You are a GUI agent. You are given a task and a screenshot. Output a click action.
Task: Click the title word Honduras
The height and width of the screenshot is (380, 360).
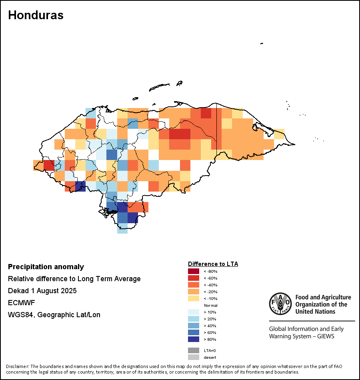(36, 15)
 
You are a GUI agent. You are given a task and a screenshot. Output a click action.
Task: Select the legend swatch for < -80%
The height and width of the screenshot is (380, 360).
(193, 271)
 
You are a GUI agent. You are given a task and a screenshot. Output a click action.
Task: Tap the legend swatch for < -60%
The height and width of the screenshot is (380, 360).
(193, 278)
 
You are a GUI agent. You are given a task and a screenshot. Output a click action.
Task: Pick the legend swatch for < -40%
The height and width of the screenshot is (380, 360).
(193, 285)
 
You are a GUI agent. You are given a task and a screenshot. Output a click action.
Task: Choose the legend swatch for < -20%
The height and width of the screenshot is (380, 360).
(193, 292)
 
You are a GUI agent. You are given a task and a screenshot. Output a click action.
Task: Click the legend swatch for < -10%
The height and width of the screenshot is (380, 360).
(193, 298)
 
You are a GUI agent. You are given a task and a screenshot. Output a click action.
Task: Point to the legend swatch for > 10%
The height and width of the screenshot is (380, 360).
(193, 312)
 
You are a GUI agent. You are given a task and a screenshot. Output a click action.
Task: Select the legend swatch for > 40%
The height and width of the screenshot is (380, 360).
(193, 326)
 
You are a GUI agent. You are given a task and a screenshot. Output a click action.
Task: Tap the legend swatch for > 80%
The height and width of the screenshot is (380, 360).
(193, 339)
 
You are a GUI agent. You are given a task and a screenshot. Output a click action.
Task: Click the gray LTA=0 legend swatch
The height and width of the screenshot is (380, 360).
(193, 350)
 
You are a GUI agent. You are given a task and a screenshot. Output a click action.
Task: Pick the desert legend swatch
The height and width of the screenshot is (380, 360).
(193, 357)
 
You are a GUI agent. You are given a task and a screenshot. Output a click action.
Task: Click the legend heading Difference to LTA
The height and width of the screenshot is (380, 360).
(213, 264)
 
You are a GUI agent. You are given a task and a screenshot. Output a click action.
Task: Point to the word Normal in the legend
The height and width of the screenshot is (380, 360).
(210, 305)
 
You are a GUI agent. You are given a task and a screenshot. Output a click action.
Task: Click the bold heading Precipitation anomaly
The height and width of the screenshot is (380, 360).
(46, 267)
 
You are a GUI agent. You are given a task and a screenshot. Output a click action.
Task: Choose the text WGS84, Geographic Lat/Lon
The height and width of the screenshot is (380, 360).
(54, 315)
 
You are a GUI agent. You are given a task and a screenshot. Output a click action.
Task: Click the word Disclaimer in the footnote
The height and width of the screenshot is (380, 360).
(17, 366)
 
